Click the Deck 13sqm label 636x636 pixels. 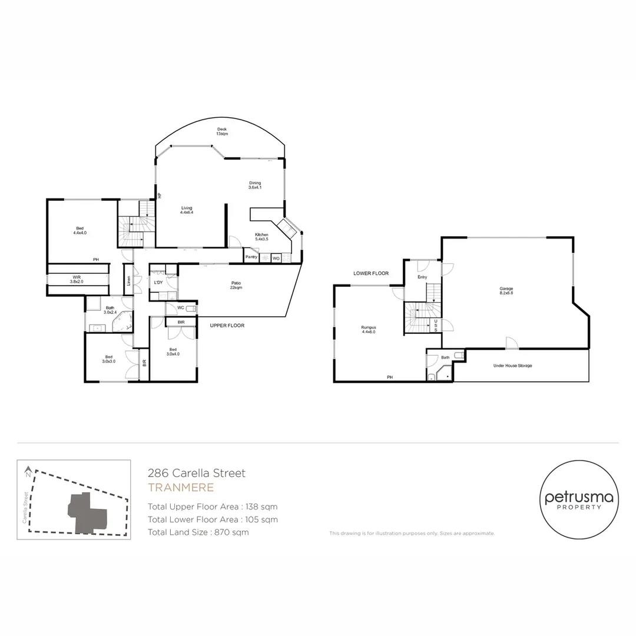pos(222,131)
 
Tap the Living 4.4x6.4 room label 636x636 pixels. pos(187,210)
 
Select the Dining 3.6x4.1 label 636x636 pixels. pos(255,185)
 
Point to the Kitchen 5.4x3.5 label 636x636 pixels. pos(261,237)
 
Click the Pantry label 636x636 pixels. pos(251,257)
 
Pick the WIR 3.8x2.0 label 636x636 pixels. pos(77,279)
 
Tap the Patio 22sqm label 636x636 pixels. pos(236,285)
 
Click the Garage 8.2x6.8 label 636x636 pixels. pos(506,290)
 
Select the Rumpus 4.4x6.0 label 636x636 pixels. pos(369,329)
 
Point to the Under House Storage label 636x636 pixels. pos(512,366)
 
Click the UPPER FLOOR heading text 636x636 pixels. pos(227,325)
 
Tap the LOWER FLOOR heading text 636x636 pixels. pos(371,273)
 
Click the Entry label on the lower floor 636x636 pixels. pos(422,277)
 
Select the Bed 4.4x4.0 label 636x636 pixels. pos(80,231)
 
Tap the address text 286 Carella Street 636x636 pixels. pos(196,473)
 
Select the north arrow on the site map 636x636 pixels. pos(28,472)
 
